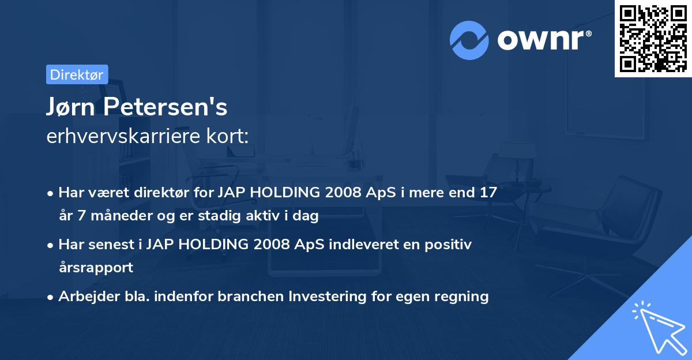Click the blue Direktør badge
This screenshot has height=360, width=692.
[x=77, y=74]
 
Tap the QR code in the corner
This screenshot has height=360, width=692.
[x=653, y=39]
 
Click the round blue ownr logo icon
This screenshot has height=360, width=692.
[x=469, y=40]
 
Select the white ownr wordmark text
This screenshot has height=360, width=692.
[x=544, y=40]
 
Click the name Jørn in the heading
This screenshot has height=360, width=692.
[x=70, y=107]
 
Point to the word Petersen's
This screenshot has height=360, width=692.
[x=166, y=107]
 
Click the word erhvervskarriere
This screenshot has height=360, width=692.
[x=123, y=136]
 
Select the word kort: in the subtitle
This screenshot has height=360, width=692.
[x=228, y=136]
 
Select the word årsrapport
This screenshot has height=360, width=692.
[x=96, y=267]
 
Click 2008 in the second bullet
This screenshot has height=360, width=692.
[x=272, y=245]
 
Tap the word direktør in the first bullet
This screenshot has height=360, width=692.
[x=161, y=192]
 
